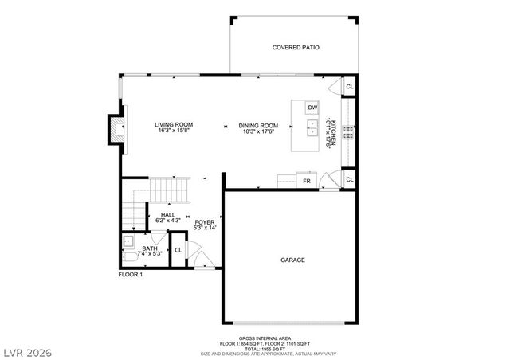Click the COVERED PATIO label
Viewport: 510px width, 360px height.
[296, 48]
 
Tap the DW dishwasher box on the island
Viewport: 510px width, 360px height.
[312, 108]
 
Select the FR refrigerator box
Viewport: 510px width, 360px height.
[306, 182]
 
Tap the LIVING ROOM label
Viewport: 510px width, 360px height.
[174, 125]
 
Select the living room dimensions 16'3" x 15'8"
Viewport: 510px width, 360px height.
[174, 132]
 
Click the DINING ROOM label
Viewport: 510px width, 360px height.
[258, 125]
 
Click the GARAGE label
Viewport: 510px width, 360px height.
[292, 260]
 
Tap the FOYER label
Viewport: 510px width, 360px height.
[205, 221]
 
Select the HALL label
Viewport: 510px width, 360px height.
[168, 214]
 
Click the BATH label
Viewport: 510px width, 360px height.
[150, 248]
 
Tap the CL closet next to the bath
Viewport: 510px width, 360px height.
[178, 250]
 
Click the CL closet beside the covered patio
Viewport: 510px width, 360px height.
[349, 87]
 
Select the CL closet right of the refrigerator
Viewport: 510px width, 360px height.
[349, 181]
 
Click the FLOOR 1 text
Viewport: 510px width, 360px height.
[130, 275]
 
